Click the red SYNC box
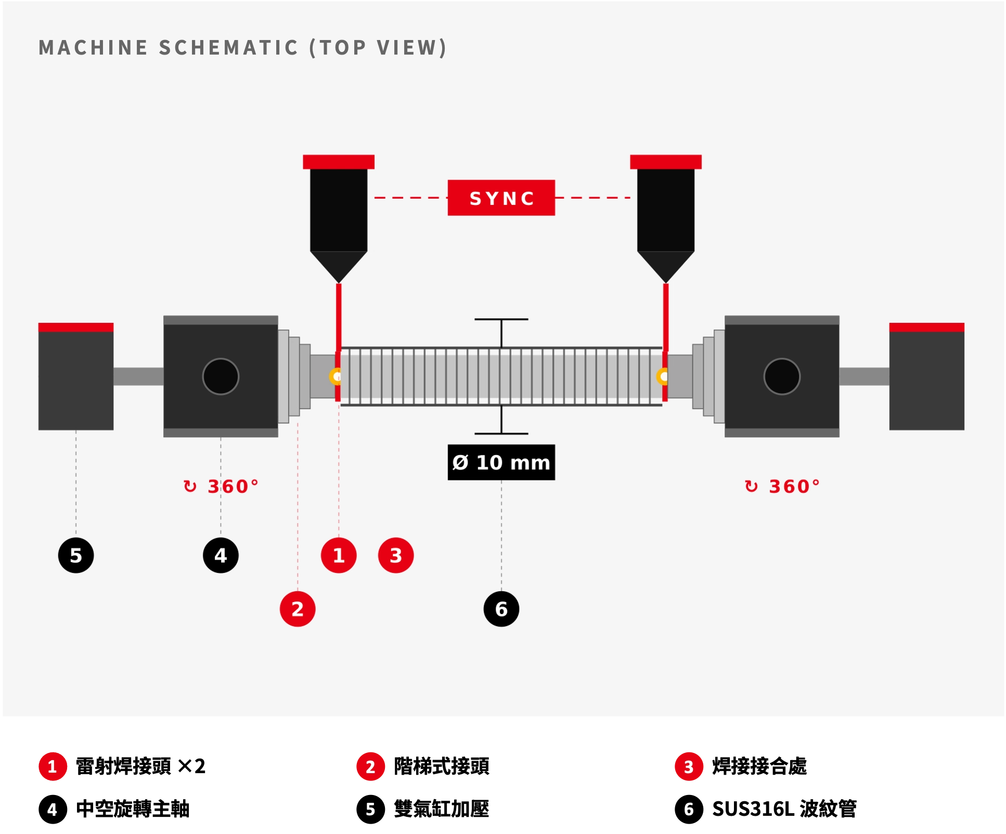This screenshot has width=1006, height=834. point(501,198)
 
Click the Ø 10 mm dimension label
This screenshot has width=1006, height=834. point(501,462)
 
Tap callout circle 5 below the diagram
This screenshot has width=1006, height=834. point(76,555)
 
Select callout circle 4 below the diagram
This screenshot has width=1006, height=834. point(221,555)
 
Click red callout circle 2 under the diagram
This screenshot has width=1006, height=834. point(298,609)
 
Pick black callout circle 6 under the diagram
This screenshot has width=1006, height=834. point(501,609)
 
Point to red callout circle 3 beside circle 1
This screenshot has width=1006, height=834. point(396,555)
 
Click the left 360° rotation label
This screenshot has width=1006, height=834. point(221,487)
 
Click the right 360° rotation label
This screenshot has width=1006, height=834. point(782,487)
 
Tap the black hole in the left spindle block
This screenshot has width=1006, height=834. point(221,376)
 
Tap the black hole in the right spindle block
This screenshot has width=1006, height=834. point(782,376)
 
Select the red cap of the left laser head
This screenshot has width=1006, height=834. point(339,162)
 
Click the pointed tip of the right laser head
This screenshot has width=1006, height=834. point(666,283)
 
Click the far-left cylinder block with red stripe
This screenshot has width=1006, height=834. point(76,376)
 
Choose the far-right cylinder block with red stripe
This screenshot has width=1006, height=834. point(927,376)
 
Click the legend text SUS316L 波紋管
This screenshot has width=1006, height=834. point(784,809)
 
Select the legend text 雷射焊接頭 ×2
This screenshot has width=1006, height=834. point(140,766)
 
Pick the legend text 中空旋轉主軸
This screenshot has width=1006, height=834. point(133,809)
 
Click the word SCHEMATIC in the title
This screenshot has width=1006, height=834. point(229,47)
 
